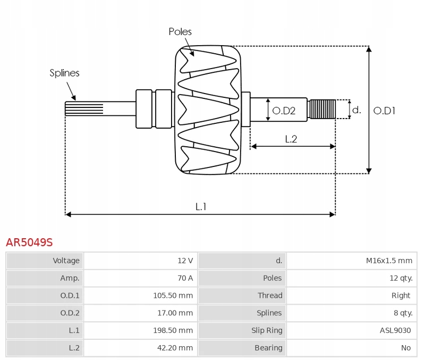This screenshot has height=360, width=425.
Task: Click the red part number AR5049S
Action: coord(29,242)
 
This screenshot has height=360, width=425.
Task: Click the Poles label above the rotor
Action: coord(180,32)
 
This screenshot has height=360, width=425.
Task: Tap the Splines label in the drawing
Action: coord(64,73)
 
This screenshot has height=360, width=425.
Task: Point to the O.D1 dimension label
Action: coord(384,111)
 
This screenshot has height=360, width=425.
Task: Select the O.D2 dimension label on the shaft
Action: coord(283,111)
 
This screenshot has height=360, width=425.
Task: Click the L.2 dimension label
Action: coord(291,139)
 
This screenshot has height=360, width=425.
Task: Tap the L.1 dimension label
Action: coord(201,207)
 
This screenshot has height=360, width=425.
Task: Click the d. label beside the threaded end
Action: coord(356,110)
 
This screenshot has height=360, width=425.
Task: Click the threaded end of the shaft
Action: coord(322,109)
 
